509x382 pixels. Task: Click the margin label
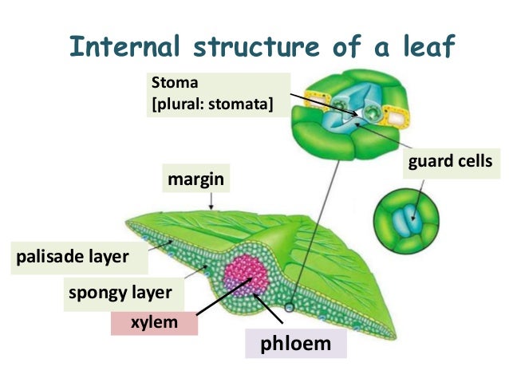[x=194, y=180]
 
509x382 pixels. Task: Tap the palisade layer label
[x=72, y=257]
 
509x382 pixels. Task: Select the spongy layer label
[x=120, y=292]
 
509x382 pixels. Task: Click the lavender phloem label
[x=294, y=345]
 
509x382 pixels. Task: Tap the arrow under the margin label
[x=211, y=202]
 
